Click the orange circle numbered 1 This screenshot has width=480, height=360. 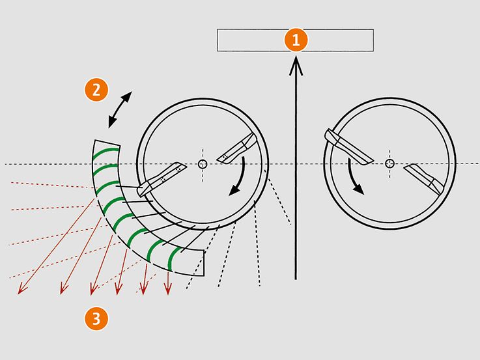(296, 40)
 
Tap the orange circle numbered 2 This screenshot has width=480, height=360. (96, 90)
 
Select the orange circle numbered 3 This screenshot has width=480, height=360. (96, 319)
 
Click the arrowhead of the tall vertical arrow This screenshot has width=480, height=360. (296, 66)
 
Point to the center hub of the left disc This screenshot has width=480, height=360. (203, 164)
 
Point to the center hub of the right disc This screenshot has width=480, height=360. (389, 163)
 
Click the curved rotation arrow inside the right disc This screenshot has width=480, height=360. (353, 178)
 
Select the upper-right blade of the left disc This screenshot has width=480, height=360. (237, 148)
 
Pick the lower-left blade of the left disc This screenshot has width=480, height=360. (161, 179)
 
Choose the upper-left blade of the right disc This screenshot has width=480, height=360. (348, 146)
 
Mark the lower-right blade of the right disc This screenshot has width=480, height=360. (424, 179)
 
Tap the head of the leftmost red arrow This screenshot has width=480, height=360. (22, 289)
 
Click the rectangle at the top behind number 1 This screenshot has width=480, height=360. (295, 40)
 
